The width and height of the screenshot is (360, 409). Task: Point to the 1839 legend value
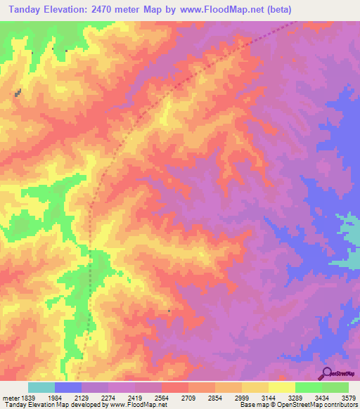click(x=27, y=398)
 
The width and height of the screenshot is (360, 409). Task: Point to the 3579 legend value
click(x=349, y=398)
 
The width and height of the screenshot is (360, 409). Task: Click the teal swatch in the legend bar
click(x=41, y=387)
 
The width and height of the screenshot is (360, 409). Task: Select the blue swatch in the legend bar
click(x=68, y=387)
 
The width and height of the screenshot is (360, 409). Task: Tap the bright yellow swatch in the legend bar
click(x=282, y=387)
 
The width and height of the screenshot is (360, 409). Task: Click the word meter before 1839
click(x=9, y=398)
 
